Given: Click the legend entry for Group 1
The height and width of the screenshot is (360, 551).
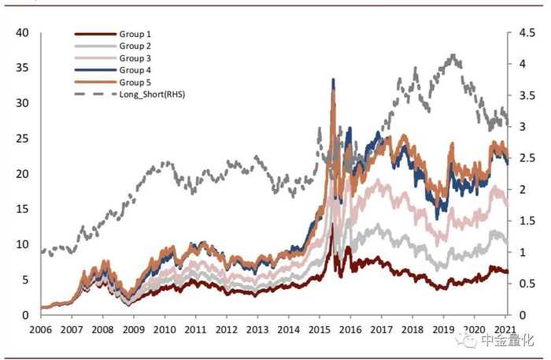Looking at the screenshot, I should [x=135, y=35].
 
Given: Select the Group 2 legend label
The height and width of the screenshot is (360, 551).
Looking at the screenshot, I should [x=135, y=46].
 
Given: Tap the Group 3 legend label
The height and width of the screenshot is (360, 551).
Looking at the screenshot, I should [x=135, y=58].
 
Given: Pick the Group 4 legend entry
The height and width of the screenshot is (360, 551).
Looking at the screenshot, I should [x=135, y=70].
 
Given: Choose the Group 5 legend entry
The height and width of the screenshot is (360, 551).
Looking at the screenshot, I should [x=135, y=82].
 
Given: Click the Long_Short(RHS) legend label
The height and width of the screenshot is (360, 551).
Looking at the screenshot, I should [x=151, y=95].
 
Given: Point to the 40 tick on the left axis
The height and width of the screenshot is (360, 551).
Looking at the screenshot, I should [x=21, y=32].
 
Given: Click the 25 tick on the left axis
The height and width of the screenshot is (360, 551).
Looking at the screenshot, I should [x=21, y=139].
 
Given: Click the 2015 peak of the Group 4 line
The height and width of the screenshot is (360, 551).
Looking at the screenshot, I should [x=333, y=80].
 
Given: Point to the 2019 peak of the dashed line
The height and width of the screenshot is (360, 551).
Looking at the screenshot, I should [x=453, y=56].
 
